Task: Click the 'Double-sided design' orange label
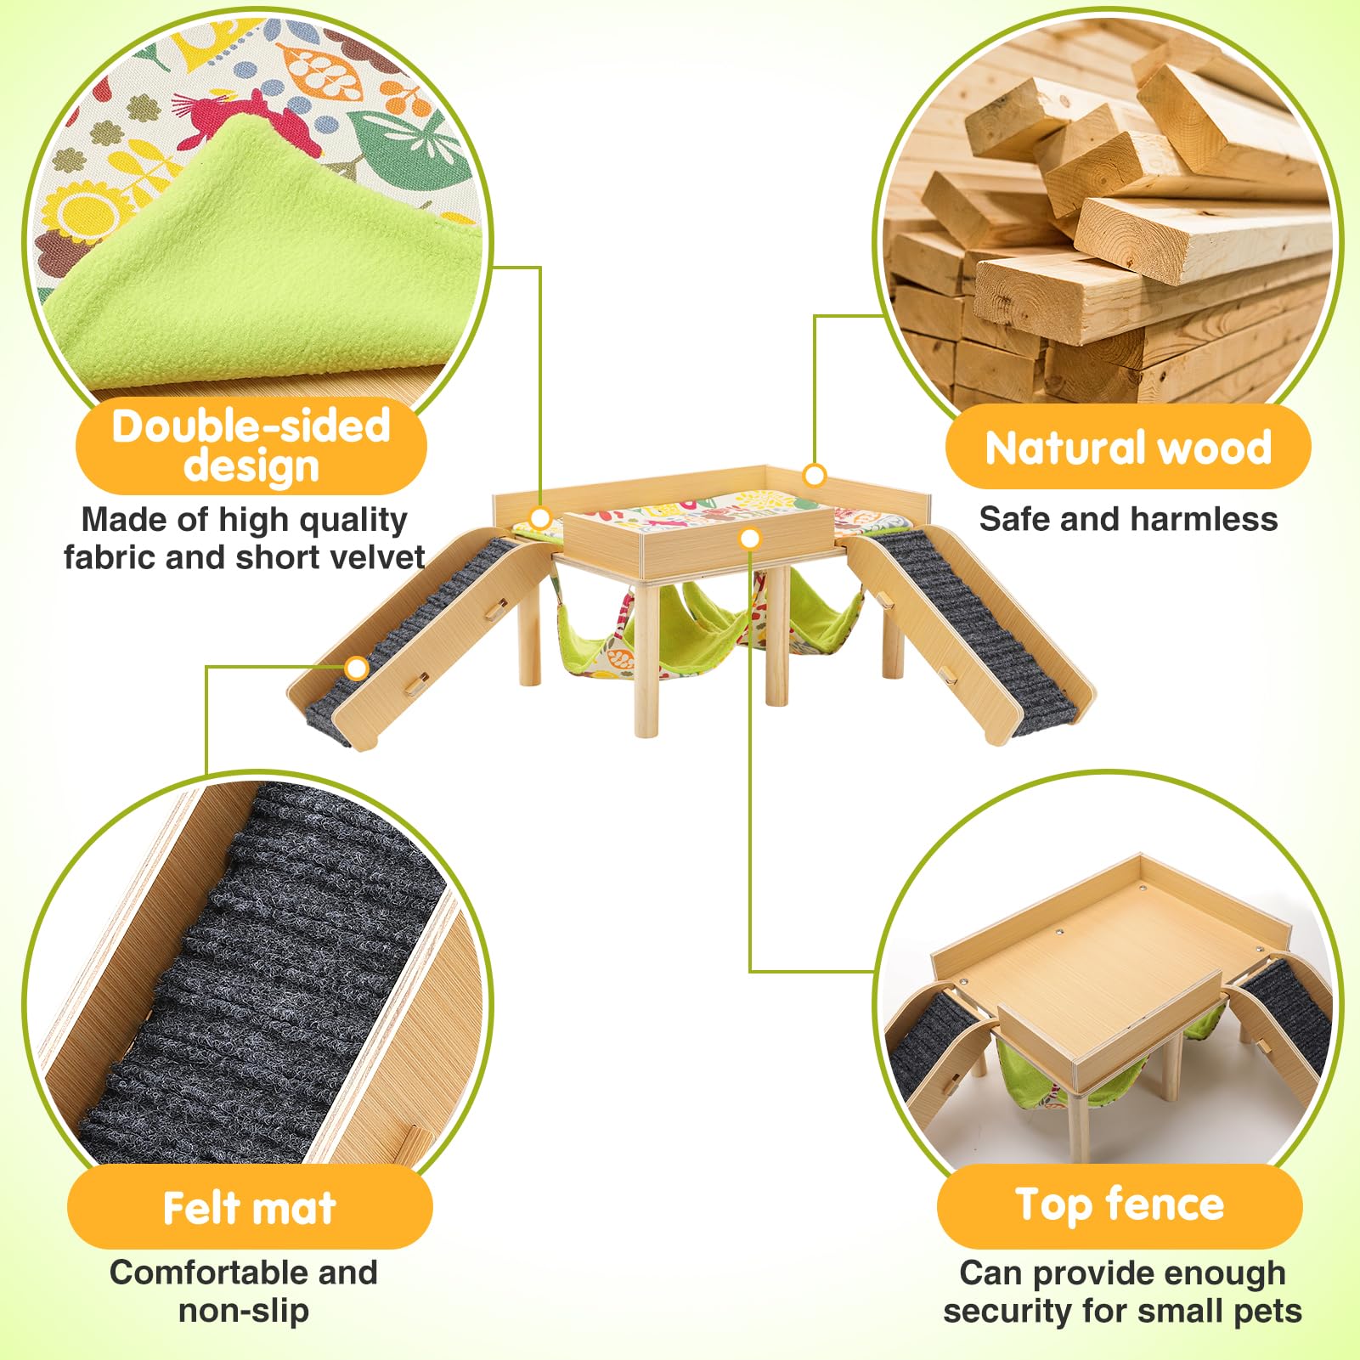tap(251, 446)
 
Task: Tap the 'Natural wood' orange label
tap(1127, 447)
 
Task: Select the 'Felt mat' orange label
tap(249, 1207)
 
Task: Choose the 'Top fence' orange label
tap(1119, 1205)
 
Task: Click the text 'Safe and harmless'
tap(1127, 519)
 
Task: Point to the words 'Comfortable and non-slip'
tap(244, 1291)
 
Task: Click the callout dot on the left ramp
tap(358, 669)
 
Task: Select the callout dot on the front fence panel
tap(750, 539)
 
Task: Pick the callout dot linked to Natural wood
tap(814, 475)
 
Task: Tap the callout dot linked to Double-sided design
tap(540, 518)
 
